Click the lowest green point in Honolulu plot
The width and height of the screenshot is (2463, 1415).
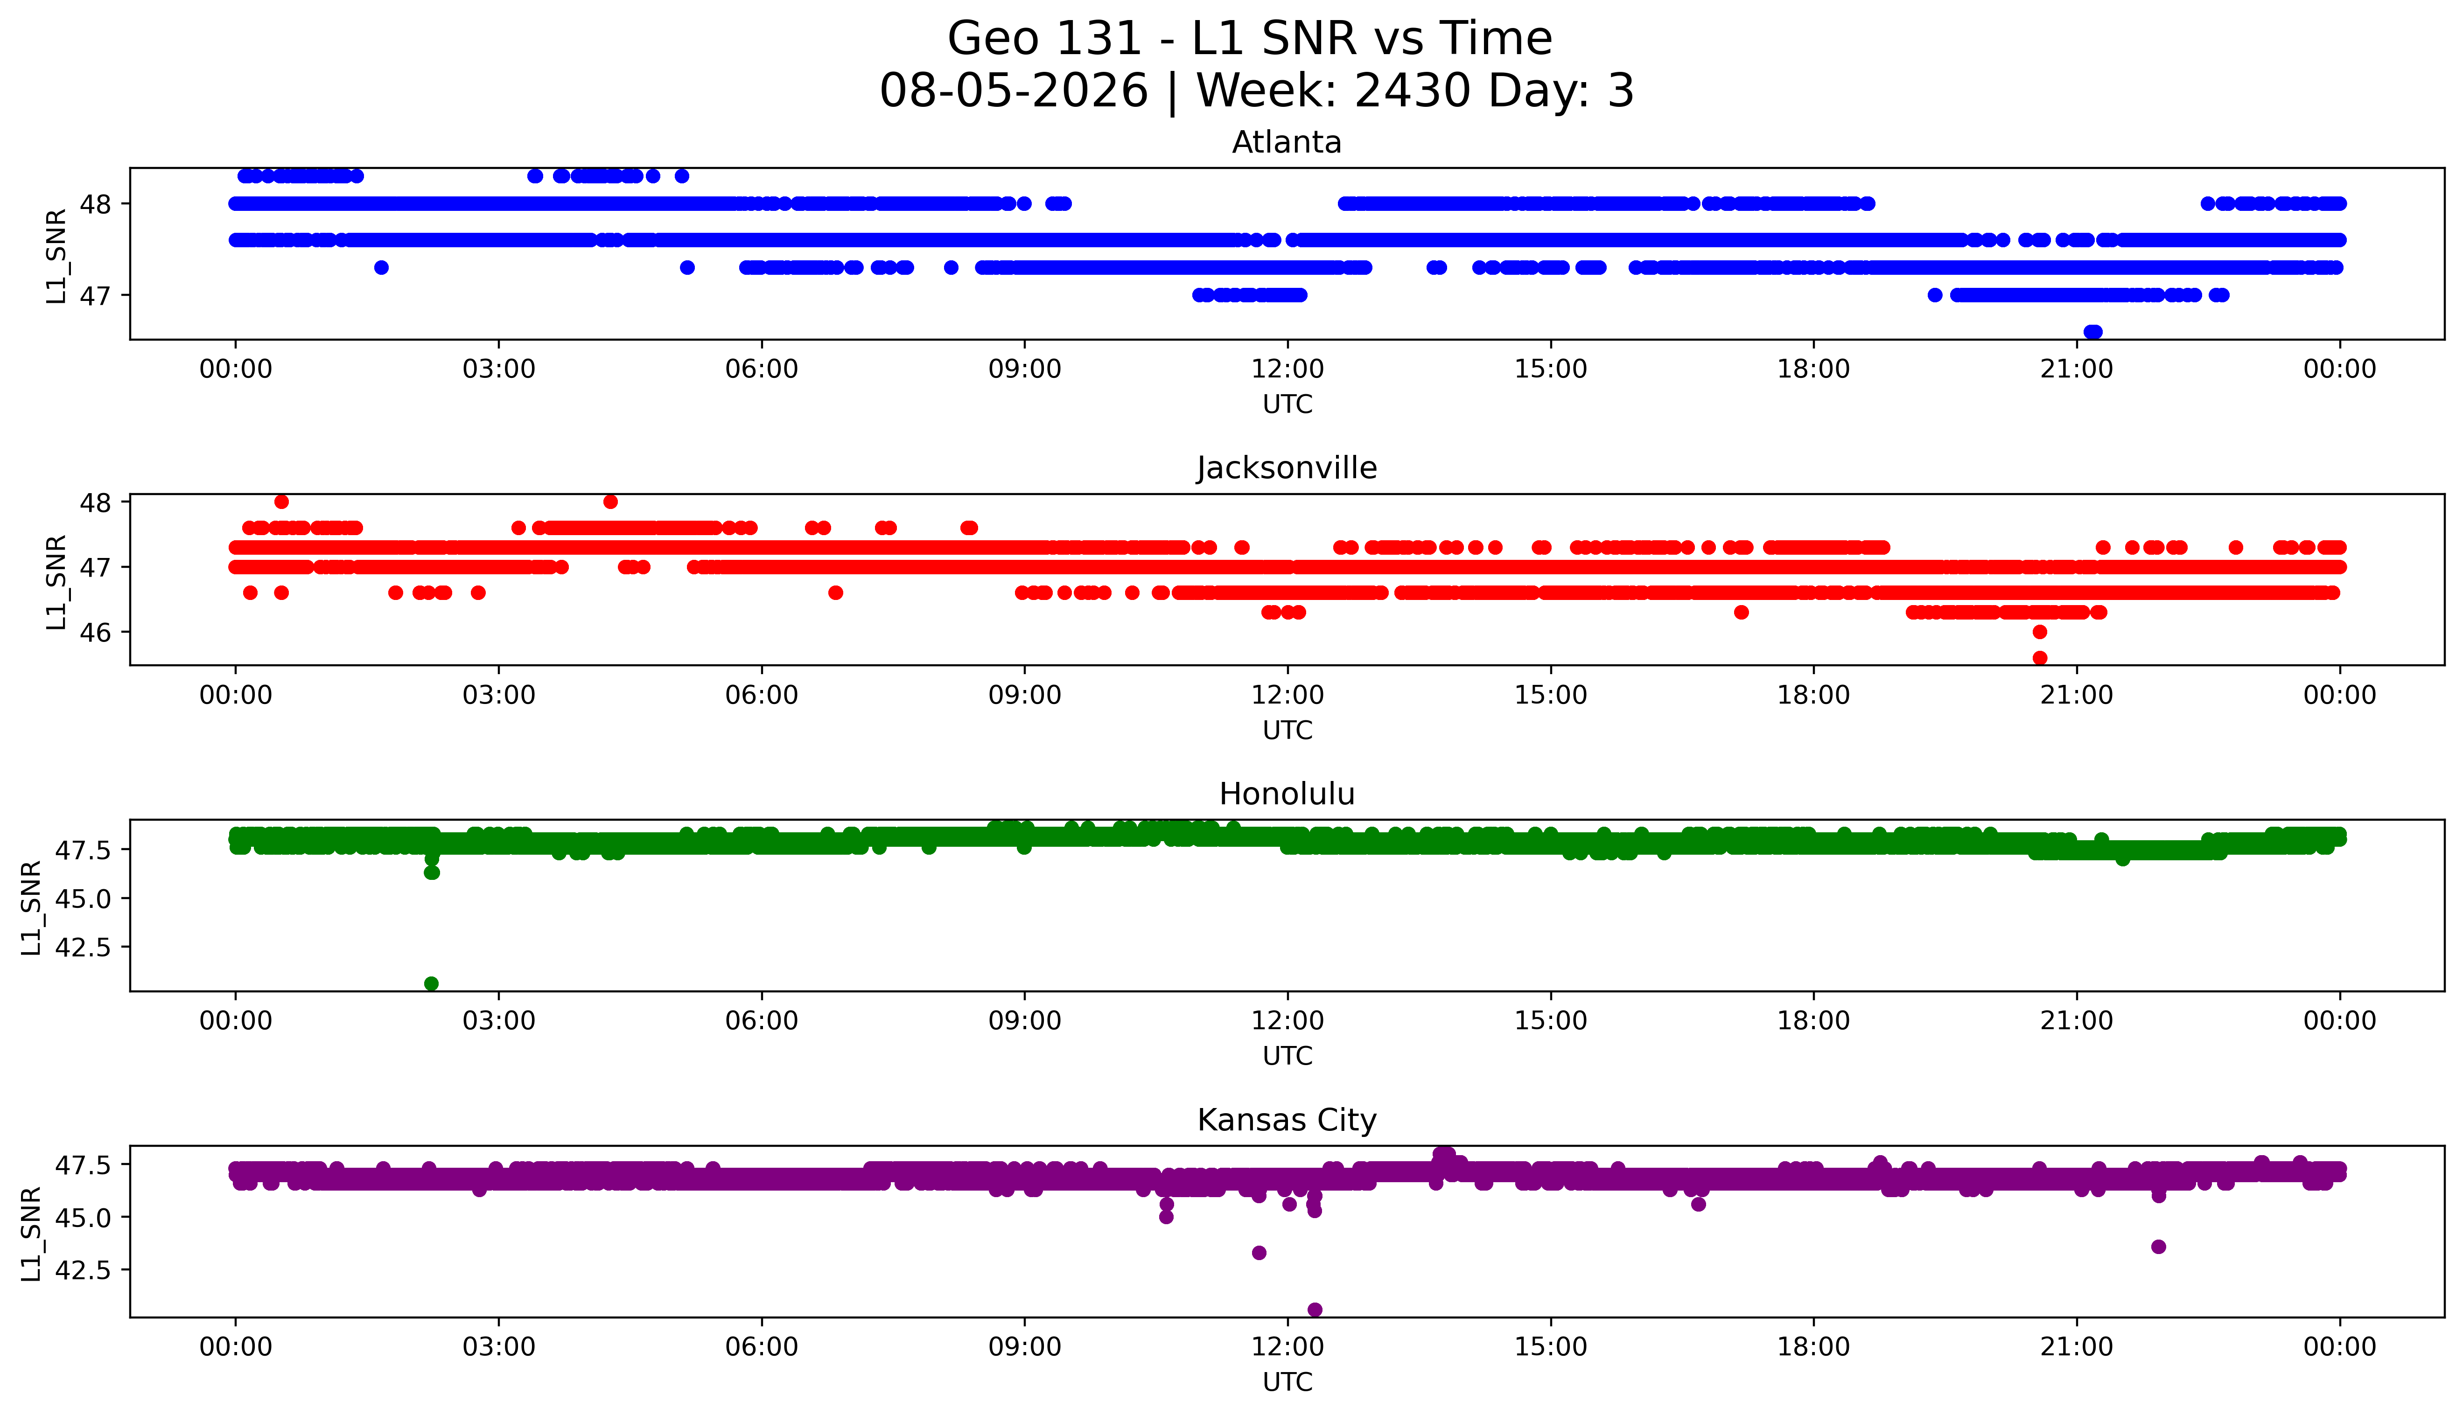pyautogui.click(x=432, y=983)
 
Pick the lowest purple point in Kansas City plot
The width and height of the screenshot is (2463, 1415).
pyautogui.click(x=1314, y=1309)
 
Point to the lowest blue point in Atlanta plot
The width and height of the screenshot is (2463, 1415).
pyautogui.click(x=2092, y=332)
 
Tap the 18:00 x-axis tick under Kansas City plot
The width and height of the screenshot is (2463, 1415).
pyautogui.click(x=1814, y=1347)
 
